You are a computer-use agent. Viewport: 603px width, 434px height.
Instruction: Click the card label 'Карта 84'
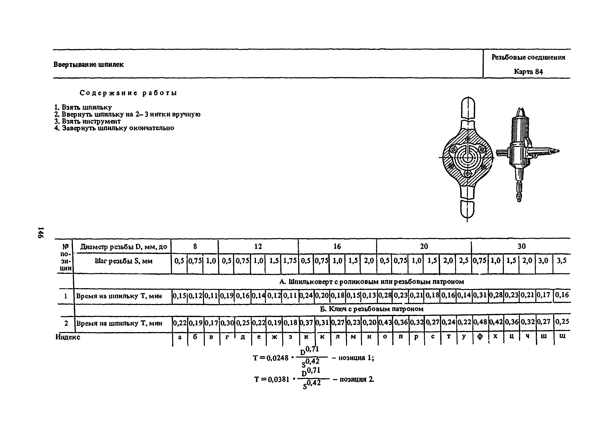528,72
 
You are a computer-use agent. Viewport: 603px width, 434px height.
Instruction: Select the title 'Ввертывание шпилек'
89,65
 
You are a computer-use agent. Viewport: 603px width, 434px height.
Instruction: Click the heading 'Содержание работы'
128,93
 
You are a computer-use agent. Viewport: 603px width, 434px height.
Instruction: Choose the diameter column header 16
337,246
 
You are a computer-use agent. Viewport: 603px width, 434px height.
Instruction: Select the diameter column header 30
521,246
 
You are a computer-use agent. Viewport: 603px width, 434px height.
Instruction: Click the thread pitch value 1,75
290,261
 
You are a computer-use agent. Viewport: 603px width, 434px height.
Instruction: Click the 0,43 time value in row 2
385,322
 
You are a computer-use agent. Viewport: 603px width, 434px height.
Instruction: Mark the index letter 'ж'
274,337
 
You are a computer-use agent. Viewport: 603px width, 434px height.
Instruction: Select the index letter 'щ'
562,337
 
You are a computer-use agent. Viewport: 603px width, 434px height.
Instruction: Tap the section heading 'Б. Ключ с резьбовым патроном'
371,309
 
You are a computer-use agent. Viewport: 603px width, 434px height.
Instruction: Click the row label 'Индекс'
68,337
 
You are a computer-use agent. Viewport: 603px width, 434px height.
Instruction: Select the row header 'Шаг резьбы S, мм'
124,261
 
